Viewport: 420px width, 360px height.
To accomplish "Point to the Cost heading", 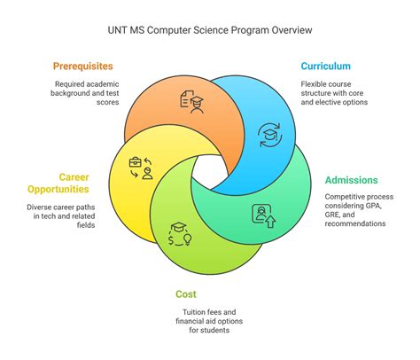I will (186, 293).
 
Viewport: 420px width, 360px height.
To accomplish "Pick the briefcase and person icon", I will (141, 167).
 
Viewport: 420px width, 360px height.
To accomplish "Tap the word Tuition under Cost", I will (186, 311).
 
